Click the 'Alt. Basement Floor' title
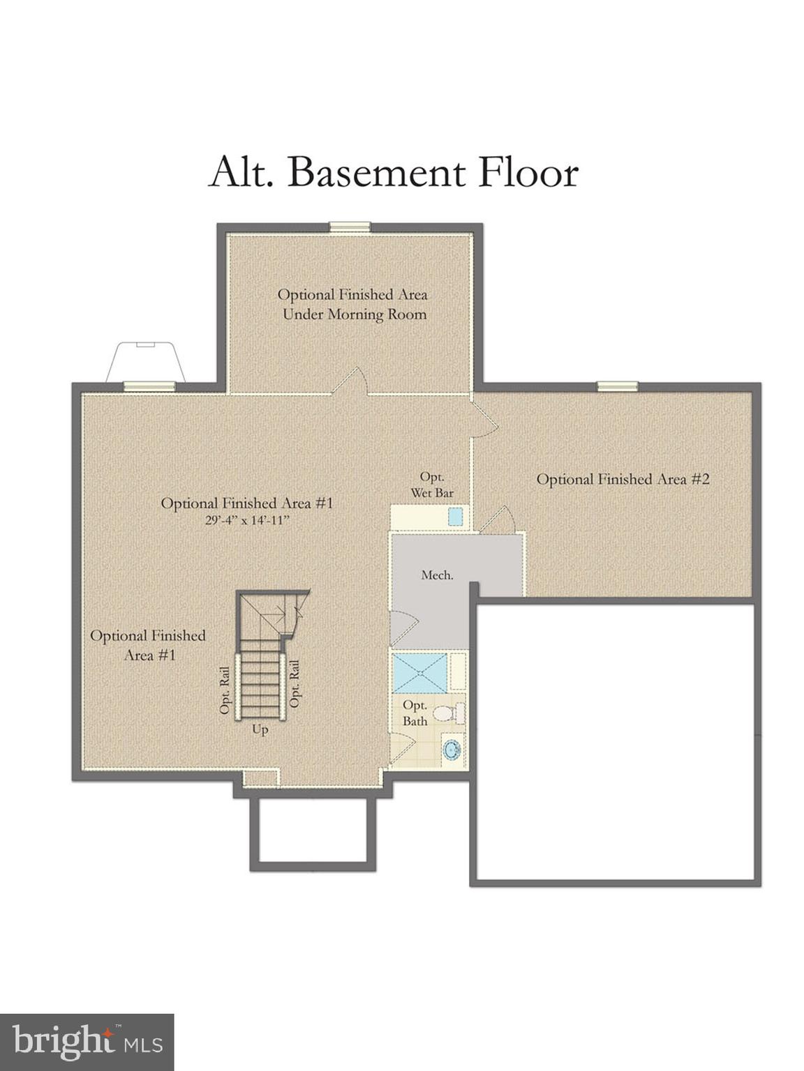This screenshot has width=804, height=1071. pyautogui.click(x=394, y=172)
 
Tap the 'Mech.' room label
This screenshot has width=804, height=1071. pyautogui.click(x=437, y=575)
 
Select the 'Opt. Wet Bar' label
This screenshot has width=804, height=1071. pyautogui.click(x=432, y=485)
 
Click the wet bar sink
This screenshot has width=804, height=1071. pyautogui.click(x=456, y=517)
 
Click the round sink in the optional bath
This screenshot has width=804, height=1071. pyautogui.click(x=452, y=750)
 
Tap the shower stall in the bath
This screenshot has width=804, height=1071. pyautogui.click(x=419, y=672)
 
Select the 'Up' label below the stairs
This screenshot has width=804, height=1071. pyautogui.click(x=260, y=731)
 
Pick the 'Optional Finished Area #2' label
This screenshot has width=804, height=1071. pyautogui.click(x=623, y=479)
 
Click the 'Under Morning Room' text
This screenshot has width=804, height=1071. pyautogui.click(x=354, y=314)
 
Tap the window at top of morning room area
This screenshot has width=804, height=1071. pyautogui.click(x=350, y=226)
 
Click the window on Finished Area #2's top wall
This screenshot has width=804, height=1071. pyautogui.click(x=617, y=386)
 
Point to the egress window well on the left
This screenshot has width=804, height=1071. pyautogui.click(x=145, y=361)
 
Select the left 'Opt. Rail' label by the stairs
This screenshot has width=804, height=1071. pyautogui.click(x=225, y=690)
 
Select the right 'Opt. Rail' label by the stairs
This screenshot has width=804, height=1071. pyautogui.click(x=295, y=683)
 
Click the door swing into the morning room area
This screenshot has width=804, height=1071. pyautogui.click(x=352, y=381)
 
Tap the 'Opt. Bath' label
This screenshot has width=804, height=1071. pyautogui.click(x=415, y=713)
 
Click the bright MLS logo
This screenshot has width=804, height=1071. pyautogui.click(x=87, y=1042)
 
